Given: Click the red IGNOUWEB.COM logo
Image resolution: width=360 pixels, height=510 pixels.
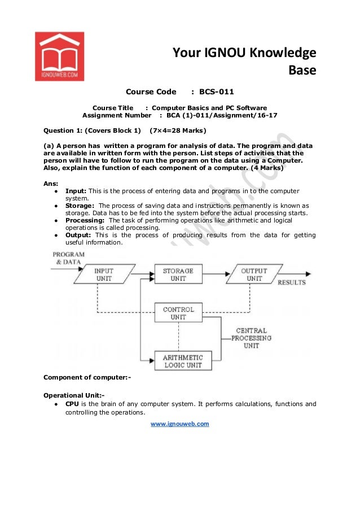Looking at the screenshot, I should point(59,55).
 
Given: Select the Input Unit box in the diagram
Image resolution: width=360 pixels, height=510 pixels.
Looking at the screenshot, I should point(104,274).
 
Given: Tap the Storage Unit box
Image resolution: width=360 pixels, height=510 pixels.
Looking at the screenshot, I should point(178,274).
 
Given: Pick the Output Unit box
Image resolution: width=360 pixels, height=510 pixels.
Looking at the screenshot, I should point(254,274).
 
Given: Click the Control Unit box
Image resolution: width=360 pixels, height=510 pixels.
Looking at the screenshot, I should point(178,313).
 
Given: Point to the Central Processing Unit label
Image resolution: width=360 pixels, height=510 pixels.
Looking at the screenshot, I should point(252,338).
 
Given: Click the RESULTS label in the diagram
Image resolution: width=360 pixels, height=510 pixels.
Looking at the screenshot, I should point(292,282).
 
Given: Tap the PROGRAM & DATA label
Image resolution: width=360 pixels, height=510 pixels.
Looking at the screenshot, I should point(69,258).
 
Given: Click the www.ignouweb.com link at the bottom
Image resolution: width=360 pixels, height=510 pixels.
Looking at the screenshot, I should point(179,424).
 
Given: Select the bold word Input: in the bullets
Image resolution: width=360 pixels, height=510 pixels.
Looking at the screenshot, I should point(76,191).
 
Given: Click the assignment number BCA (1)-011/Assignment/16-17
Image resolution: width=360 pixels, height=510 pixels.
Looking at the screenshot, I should point(222,115).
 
